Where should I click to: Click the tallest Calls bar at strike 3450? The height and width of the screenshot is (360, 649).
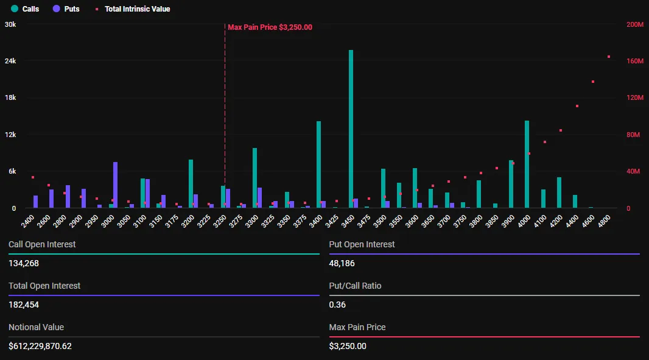coord(351,129)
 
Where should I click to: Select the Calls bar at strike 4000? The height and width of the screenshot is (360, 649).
coord(527,164)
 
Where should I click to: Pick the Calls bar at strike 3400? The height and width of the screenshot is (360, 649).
coord(318,164)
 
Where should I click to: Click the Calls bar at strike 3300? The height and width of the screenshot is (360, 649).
coord(254,178)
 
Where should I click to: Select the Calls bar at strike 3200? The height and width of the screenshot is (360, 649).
coord(191,184)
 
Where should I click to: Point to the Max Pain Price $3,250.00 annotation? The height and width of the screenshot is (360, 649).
coord(270,27)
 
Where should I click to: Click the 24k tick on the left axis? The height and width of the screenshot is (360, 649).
coord(10,61)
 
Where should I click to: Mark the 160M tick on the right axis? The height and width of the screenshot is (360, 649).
coord(635,61)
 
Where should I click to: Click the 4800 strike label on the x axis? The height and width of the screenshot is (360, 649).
coord(603,221)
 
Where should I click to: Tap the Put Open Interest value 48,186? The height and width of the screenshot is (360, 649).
coord(342,264)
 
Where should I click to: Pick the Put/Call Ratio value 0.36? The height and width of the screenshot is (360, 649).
coord(337,305)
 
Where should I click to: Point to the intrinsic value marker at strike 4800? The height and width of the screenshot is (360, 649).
coord(609,57)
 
